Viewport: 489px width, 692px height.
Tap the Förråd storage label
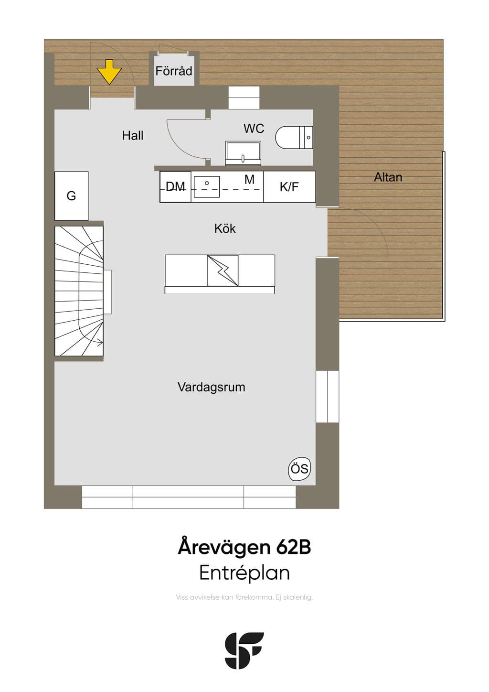click(174, 71)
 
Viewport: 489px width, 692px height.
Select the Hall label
click(133, 135)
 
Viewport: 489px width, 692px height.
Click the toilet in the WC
click(294, 137)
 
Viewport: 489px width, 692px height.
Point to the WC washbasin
click(243, 153)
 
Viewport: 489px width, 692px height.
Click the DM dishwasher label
click(175, 186)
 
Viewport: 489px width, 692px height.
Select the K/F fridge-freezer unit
click(289, 187)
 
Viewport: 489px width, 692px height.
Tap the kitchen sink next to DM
click(207, 186)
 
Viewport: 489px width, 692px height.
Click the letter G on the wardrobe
click(71, 196)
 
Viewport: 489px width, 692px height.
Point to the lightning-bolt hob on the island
click(223, 270)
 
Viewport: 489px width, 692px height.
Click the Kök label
click(225, 228)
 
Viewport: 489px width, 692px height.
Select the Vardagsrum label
click(212, 387)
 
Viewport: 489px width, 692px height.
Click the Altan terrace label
click(388, 177)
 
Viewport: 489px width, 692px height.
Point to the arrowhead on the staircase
click(100, 342)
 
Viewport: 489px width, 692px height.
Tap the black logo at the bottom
click(244, 650)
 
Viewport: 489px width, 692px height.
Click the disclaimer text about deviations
click(244, 603)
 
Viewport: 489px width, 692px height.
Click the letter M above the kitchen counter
click(249, 179)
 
